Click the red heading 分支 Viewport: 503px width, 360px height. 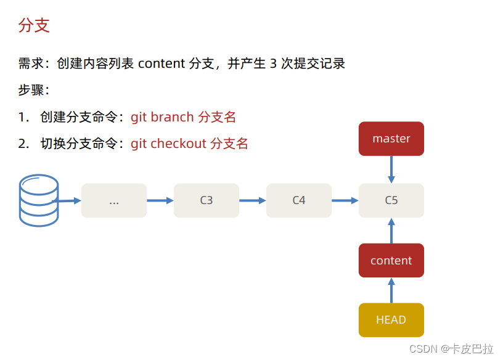34,26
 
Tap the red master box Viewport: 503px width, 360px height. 391,139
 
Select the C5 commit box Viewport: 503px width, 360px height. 391,200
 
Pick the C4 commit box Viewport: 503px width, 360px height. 299,200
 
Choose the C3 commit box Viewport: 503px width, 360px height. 207,200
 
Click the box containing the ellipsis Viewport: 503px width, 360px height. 114,200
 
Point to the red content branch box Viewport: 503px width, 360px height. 391,260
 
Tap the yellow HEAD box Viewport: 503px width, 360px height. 391,320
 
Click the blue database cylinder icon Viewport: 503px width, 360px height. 38,200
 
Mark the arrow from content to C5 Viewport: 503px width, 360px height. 391,230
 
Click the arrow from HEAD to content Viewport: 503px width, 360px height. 391,290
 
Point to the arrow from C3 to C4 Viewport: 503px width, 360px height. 253,200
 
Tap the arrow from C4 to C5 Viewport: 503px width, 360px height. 345,200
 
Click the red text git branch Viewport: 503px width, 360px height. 163,117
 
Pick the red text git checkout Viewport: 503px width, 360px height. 168,144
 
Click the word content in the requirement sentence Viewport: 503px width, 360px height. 162,63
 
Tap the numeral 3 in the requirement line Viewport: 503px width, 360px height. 273,63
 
